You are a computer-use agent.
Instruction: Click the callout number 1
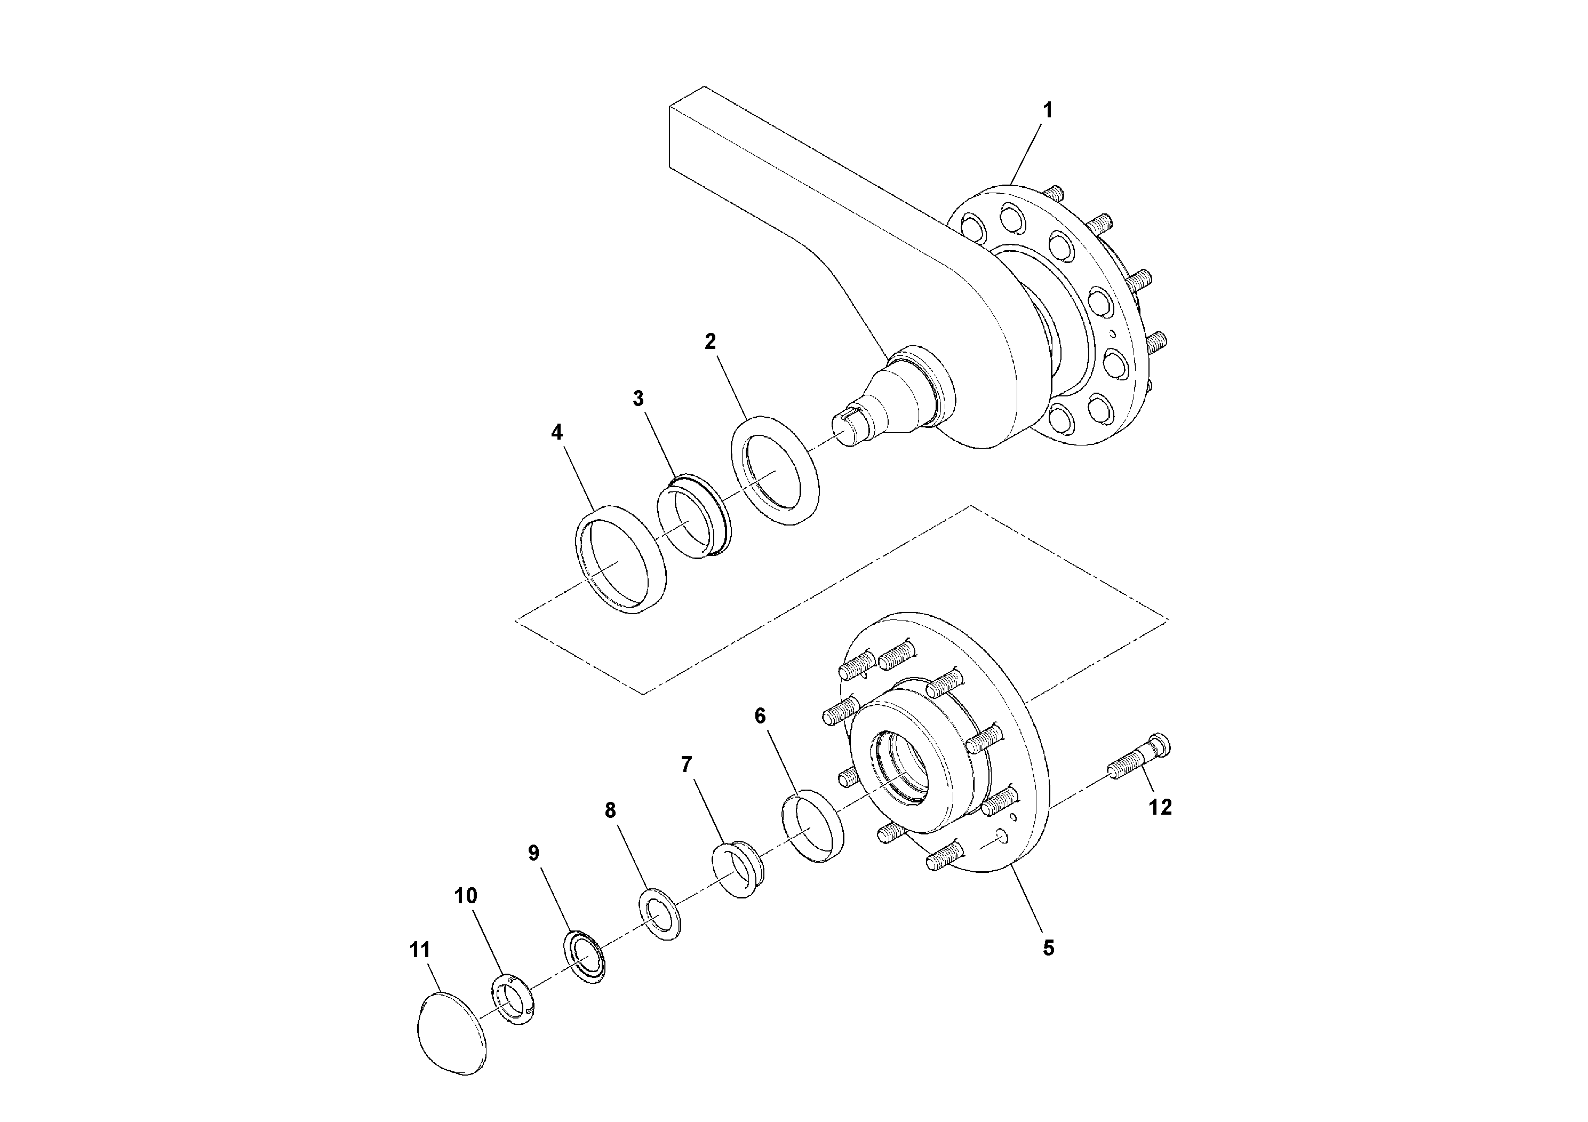[x=1047, y=110]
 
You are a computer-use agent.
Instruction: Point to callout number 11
[x=420, y=950]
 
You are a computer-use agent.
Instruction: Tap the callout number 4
[x=557, y=432]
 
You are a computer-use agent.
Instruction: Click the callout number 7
[x=686, y=765]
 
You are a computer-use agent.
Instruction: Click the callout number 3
[x=637, y=399]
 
